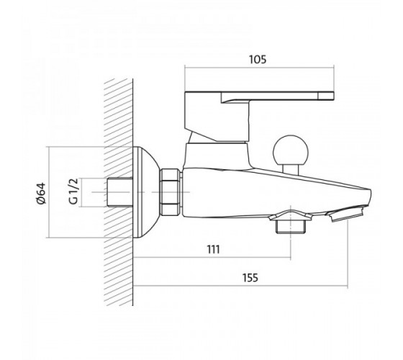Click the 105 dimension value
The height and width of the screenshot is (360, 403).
click(x=258, y=59)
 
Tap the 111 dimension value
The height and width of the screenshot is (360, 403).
click(x=213, y=249)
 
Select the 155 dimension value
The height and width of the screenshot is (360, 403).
click(x=250, y=278)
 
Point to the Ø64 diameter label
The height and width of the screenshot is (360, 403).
click(x=41, y=194)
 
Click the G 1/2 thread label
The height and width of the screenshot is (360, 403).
click(x=73, y=191)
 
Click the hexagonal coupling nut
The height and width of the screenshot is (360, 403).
click(x=170, y=192)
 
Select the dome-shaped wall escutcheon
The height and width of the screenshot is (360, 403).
click(x=146, y=192)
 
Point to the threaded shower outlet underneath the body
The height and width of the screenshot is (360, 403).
click(x=291, y=226)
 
